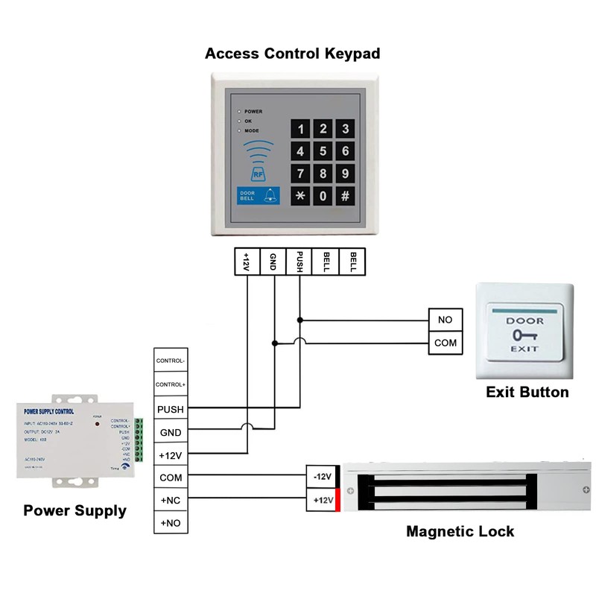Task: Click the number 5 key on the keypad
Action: point(323,152)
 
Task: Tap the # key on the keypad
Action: point(345,197)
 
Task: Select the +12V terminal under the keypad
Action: point(247,261)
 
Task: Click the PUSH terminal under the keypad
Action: point(299,261)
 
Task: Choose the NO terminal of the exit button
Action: point(445,320)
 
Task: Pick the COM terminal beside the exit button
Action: point(445,343)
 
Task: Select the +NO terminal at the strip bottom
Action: point(170,523)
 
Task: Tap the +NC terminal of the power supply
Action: point(170,500)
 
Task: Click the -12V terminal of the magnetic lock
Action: point(322,477)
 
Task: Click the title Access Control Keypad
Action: point(293,54)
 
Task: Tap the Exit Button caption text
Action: point(527,392)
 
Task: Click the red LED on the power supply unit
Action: point(98,424)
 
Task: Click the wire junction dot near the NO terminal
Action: point(299,320)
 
